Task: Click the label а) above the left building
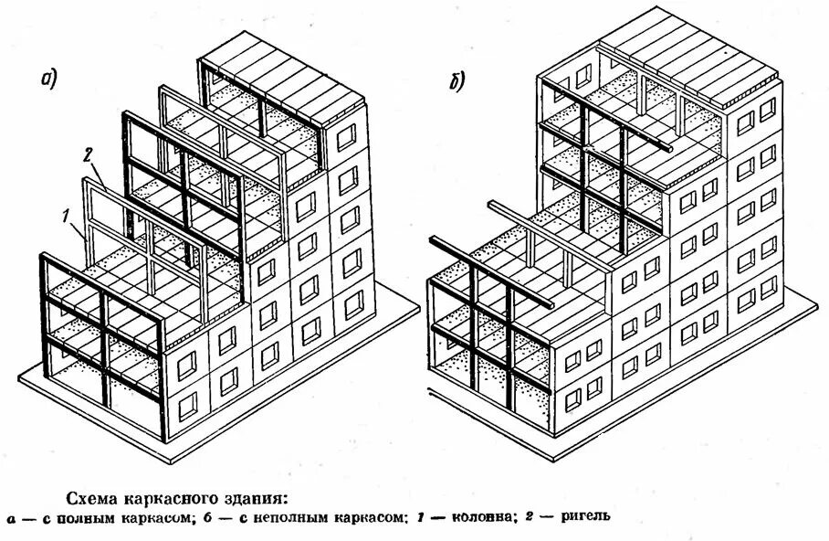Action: click(x=49, y=79)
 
